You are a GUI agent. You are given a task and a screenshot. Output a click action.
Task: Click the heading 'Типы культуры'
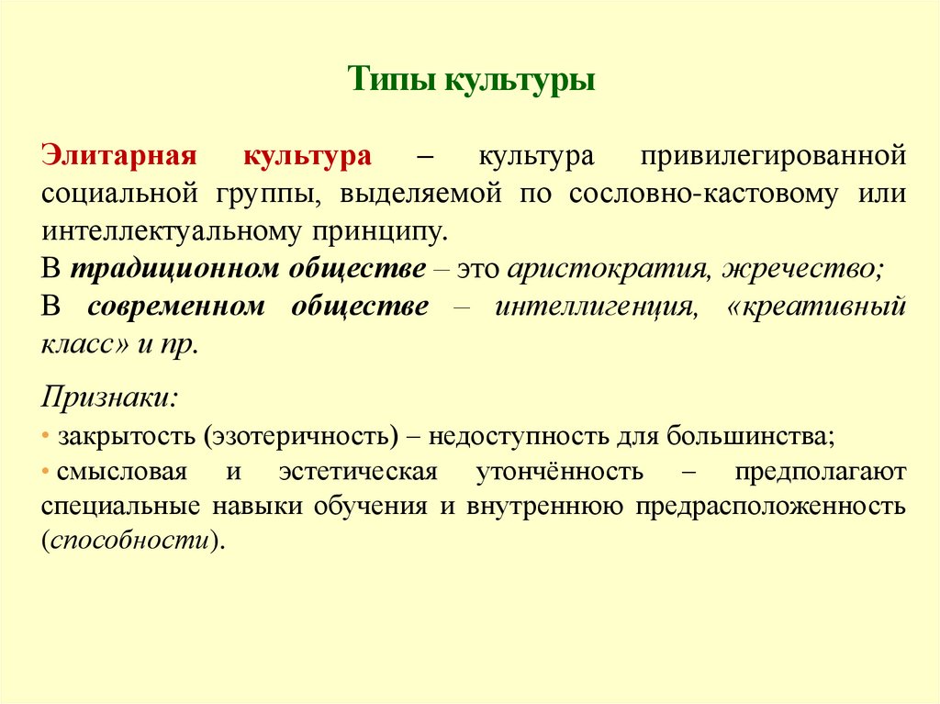[472, 81]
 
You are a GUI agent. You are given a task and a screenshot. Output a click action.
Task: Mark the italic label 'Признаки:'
[110, 397]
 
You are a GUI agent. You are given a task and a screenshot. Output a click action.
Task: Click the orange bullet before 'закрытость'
[46, 434]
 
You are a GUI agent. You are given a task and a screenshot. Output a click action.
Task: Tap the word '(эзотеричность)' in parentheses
[302, 434]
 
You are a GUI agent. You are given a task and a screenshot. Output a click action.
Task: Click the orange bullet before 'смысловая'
[46, 472]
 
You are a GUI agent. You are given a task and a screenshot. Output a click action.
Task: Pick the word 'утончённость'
[559, 472]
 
